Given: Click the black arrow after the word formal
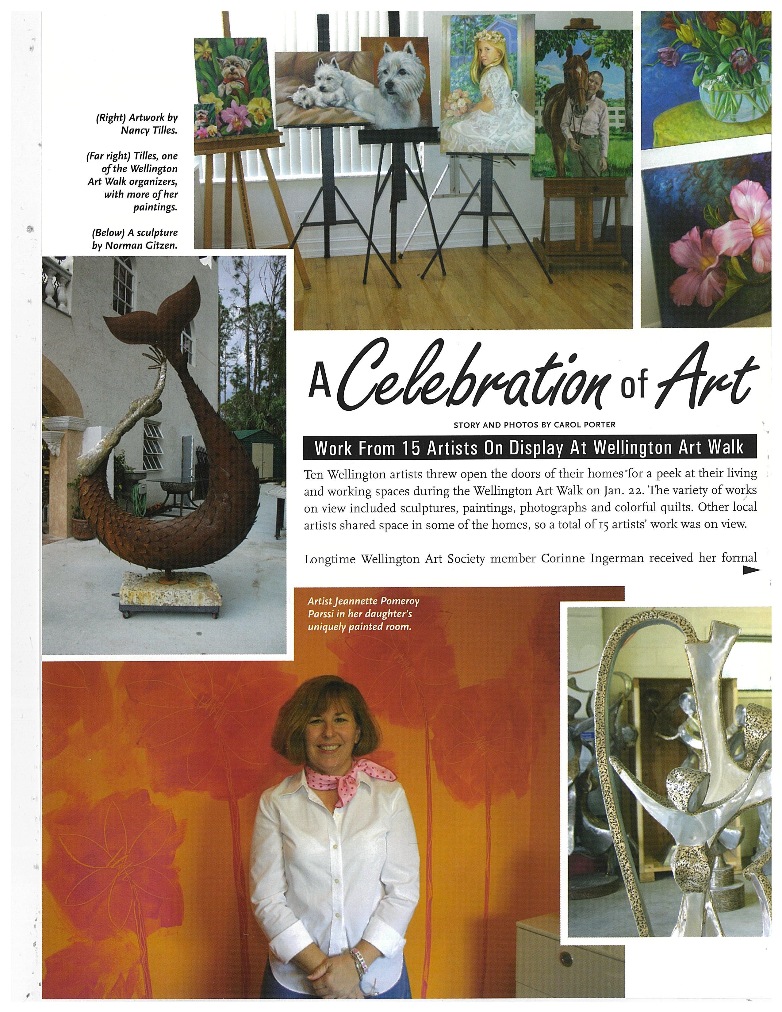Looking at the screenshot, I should pyautogui.click(x=751, y=571).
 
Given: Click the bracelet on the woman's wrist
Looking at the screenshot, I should pyautogui.click(x=357, y=955).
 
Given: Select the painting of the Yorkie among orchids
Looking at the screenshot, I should pyautogui.click(x=232, y=88).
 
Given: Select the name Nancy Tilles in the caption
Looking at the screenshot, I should pyautogui.click(x=149, y=131).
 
